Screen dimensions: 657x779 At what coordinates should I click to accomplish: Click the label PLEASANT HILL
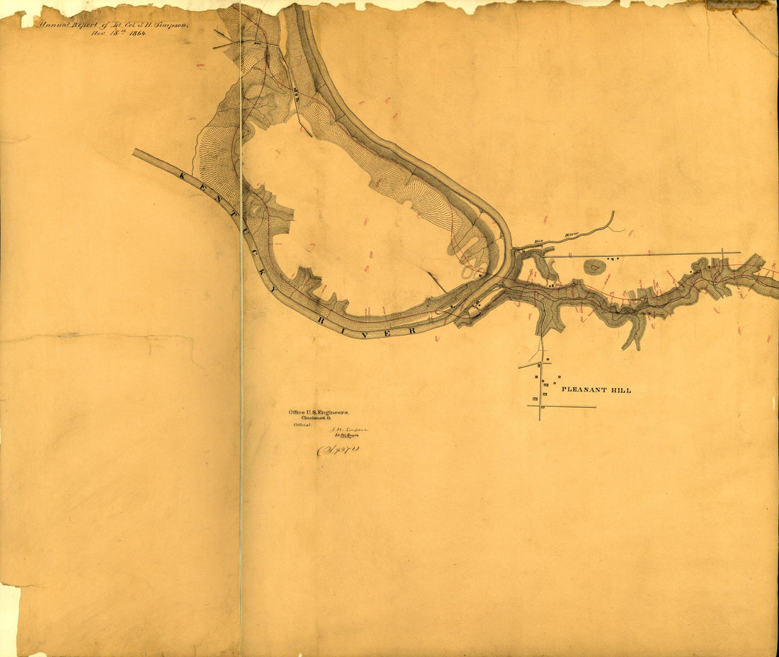pyautogui.click(x=596, y=390)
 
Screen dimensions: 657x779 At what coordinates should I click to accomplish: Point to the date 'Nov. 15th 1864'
pyautogui.click(x=118, y=33)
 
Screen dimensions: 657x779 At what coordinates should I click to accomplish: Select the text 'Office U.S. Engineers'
pyautogui.click(x=317, y=412)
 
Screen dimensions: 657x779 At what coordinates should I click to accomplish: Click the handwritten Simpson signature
pyautogui.click(x=346, y=430)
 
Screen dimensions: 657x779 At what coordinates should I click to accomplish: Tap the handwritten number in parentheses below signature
pyautogui.click(x=338, y=450)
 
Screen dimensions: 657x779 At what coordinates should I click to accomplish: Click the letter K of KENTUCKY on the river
pyautogui.click(x=184, y=175)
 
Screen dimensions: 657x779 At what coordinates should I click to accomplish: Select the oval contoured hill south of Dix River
pyautogui.click(x=595, y=267)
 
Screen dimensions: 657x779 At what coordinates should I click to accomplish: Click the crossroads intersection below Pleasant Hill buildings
pyautogui.click(x=540, y=406)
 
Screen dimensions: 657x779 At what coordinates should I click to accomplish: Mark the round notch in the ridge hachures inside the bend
pyautogui.click(x=408, y=205)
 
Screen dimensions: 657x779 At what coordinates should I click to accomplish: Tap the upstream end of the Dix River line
pyautogui.click(x=613, y=212)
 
